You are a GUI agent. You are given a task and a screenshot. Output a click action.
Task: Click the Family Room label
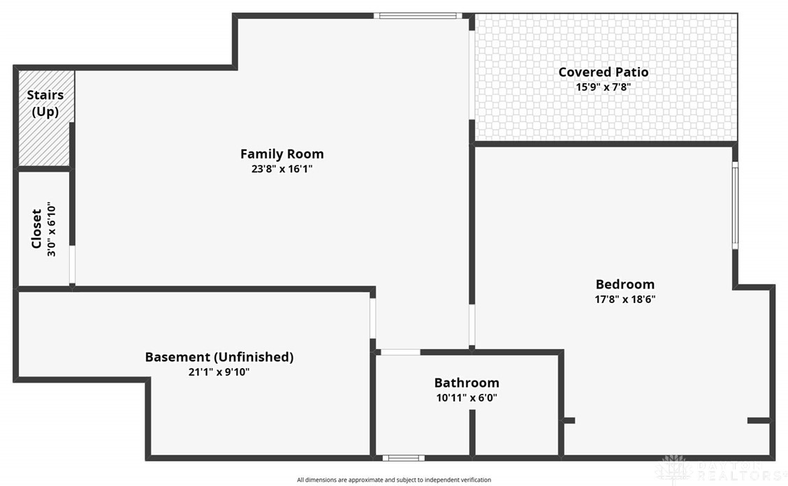pyautogui.click(x=282, y=154)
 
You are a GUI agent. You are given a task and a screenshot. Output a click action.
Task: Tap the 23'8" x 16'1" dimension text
pyautogui.click(x=282, y=169)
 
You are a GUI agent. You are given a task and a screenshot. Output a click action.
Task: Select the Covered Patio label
pyautogui.click(x=603, y=72)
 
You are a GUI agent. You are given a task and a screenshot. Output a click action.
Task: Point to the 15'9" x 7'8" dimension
pyautogui.click(x=603, y=87)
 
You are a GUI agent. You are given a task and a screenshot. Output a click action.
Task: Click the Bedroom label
pyautogui.click(x=625, y=284)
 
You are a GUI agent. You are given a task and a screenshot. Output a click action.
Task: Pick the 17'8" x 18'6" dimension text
pyautogui.click(x=625, y=300)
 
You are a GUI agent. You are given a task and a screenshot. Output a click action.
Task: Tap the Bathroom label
pyautogui.click(x=467, y=383)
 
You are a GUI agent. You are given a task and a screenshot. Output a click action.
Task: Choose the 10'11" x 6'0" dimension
pyautogui.click(x=467, y=398)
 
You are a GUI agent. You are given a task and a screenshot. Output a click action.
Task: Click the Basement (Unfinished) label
pyautogui.click(x=219, y=357)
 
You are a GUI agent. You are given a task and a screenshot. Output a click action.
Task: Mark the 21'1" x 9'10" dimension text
pyautogui.click(x=219, y=372)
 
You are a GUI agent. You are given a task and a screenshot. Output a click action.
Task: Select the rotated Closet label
pyautogui.click(x=36, y=228)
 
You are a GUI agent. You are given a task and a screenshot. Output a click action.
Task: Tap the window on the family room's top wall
pyautogui.click(x=418, y=15)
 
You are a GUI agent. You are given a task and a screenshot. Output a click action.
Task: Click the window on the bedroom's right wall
pyautogui.click(x=735, y=205)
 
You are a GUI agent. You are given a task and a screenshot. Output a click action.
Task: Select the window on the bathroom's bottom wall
pyautogui.click(x=404, y=458)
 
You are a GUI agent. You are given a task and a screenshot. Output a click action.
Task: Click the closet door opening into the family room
pyautogui.click(x=73, y=265)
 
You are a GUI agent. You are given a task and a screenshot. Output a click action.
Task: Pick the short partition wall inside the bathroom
pyautogui.click(x=472, y=433)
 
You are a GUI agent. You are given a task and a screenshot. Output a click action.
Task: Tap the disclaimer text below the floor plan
pyautogui.click(x=394, y=480)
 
